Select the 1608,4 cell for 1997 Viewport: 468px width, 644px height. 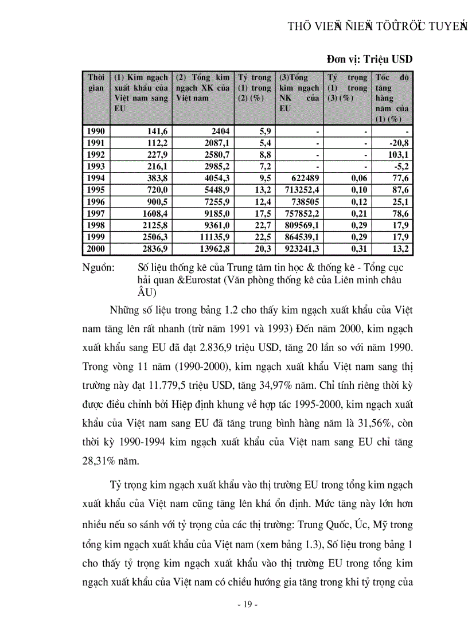[154, 213]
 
